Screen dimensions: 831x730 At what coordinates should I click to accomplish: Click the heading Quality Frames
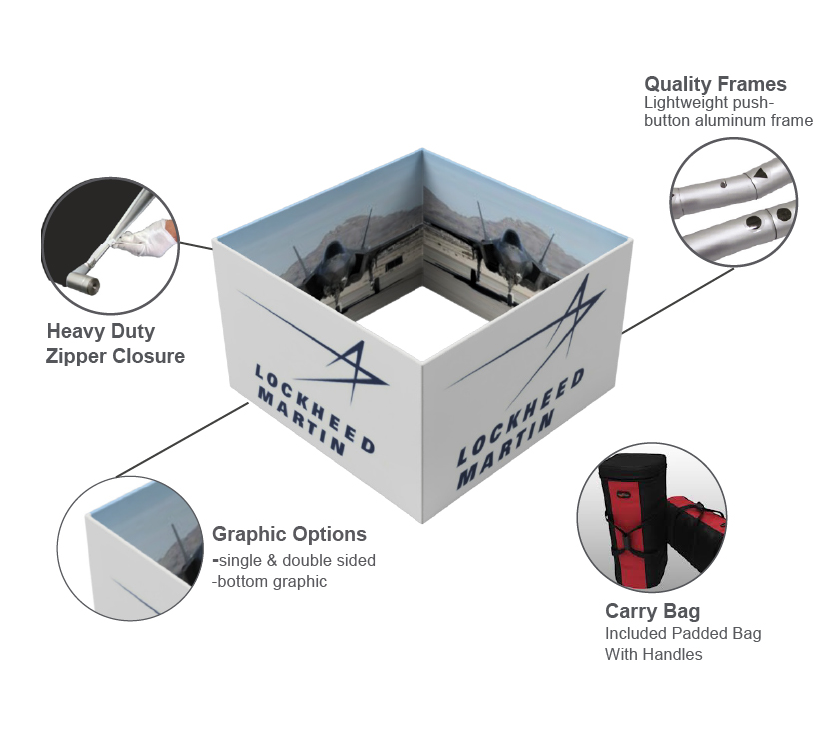715,84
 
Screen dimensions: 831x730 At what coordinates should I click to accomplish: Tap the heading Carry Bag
652,611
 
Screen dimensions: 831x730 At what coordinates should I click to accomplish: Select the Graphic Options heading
289,534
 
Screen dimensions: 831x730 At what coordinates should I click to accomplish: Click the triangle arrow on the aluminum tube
760,173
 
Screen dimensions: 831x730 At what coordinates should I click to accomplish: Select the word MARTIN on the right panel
505,448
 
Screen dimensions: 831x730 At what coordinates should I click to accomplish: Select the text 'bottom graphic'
272,581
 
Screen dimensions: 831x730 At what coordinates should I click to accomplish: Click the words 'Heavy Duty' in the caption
101,332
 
